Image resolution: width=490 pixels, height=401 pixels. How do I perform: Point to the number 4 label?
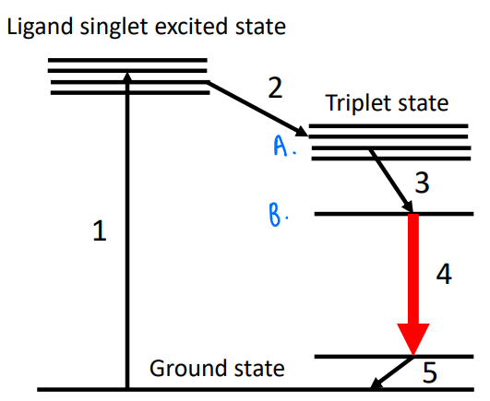444,275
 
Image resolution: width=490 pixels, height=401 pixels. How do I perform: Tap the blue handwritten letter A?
282,145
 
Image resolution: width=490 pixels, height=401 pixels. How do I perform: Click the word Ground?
181,371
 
